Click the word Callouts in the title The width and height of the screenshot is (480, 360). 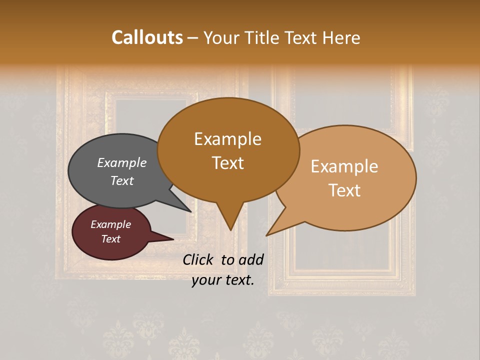(147, 37)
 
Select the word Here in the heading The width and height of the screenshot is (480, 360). (341, 37)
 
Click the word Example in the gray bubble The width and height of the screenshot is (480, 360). (122, 162)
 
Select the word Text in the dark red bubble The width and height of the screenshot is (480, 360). (111, 239)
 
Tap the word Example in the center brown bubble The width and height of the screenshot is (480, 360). (228, 138)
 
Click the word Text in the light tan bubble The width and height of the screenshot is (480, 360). (345, 190)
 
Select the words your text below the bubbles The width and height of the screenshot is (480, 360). (223, 280)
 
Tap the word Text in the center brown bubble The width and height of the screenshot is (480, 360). (228, 163)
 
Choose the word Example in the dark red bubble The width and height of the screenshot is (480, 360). (111, 224)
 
